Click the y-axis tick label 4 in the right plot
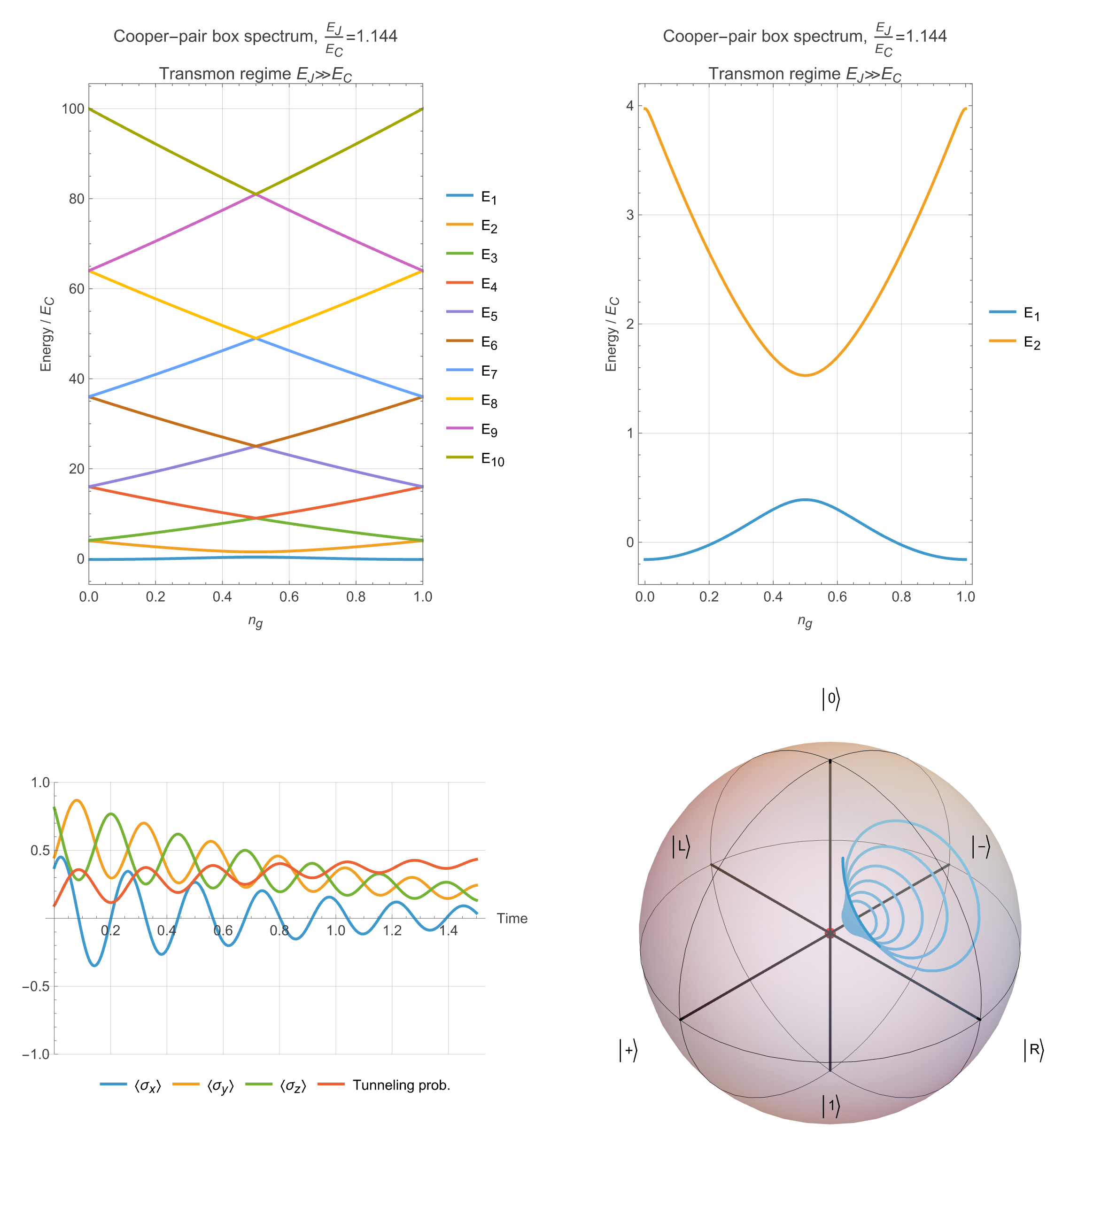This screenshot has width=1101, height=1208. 629,106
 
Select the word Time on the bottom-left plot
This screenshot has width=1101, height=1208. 512,919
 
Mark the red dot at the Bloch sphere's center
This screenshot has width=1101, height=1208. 830,933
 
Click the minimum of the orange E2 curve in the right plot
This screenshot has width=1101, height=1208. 805,375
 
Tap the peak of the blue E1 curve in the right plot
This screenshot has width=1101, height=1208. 805,499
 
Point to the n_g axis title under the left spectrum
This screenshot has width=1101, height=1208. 256,622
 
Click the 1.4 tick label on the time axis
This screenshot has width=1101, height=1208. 448,930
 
